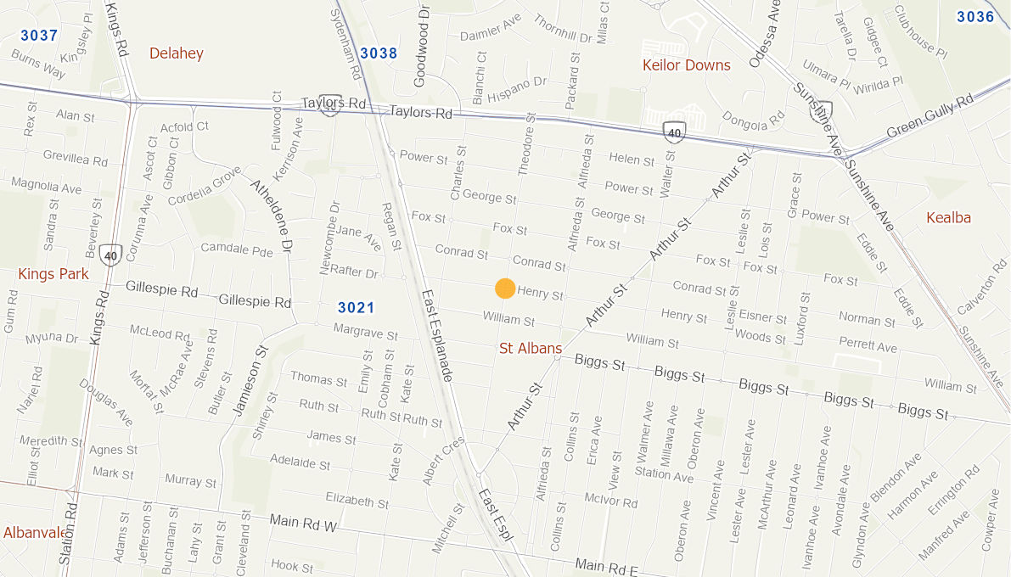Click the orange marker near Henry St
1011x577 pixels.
(505, 288)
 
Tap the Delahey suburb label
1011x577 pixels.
(177, 53)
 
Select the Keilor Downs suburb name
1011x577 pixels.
(686, 65)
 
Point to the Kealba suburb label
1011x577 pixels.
(948, 217)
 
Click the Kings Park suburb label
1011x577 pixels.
(53, 274)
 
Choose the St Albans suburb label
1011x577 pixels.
(531, 348)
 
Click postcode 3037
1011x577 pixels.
(39, 36)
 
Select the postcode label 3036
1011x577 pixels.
(974, 17)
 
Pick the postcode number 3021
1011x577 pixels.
(356, 307)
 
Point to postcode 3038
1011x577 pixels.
(379, 53)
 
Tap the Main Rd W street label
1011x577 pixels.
(303, 524)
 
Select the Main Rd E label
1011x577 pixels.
(605, 565)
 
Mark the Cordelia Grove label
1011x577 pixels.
(205, 188)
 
